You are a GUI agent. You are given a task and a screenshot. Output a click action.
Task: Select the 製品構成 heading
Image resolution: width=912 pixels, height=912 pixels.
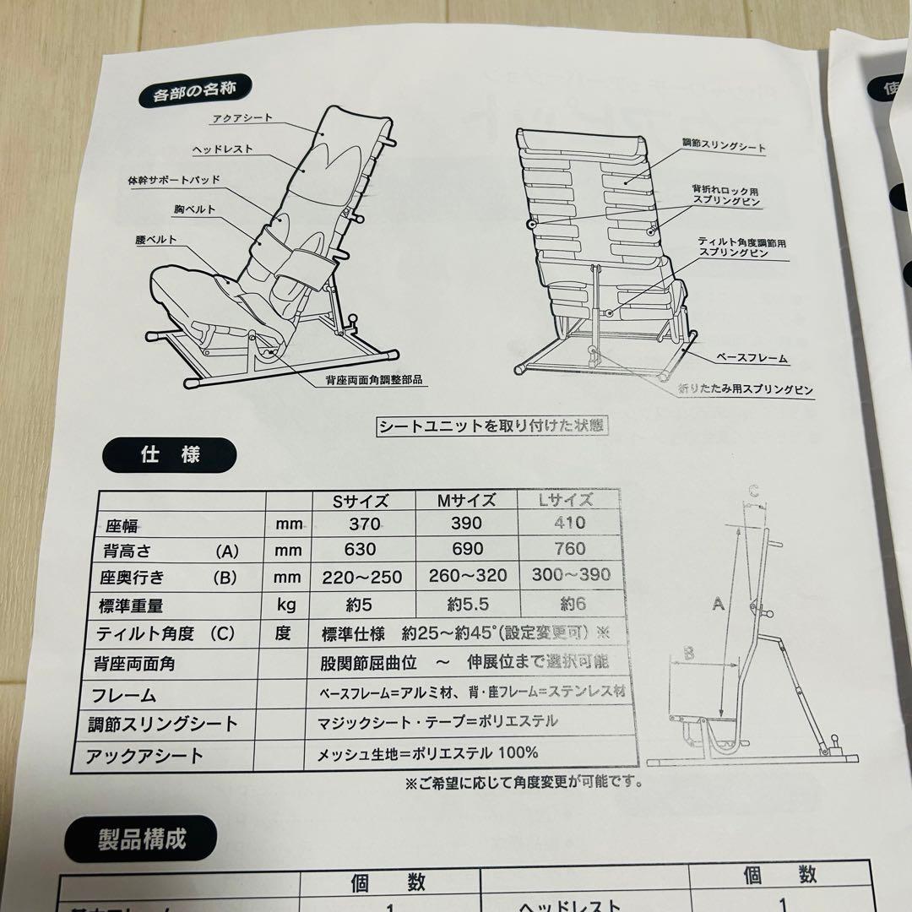click(142, 839)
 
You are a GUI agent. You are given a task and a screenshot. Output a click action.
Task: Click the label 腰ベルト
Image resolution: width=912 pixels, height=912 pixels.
click(155, 239)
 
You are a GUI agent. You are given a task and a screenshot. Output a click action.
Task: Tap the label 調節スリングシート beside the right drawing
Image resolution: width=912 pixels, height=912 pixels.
click(724, 147)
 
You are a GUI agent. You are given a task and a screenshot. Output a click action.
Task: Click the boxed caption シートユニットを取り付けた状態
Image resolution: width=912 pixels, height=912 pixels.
click(491, 426)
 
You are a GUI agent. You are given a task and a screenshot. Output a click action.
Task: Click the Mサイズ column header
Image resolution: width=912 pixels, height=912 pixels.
click(465, 500)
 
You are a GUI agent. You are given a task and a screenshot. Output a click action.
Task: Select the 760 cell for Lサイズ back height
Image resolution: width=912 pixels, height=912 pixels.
click(570, 549)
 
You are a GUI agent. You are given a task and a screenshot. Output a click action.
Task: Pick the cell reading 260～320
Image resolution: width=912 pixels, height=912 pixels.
click(466, 576)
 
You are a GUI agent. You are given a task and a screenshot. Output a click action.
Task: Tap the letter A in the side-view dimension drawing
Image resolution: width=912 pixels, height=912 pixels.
click(718, 604)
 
